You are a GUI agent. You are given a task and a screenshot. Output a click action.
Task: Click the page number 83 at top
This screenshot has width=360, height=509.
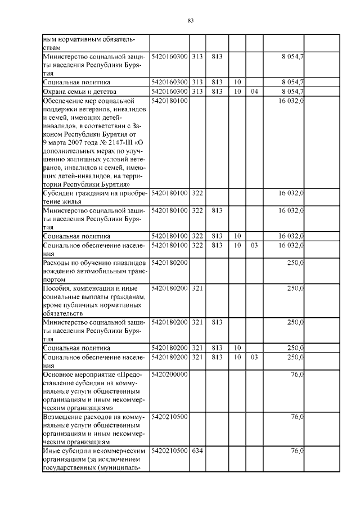pos(190,21)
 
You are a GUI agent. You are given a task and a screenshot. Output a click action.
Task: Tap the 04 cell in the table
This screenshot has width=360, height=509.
pos(254,91)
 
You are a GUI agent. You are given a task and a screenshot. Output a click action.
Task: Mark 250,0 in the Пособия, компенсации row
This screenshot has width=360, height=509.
pos(295,289)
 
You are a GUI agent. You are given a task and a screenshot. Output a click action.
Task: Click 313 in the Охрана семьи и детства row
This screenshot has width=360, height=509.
pos(197,91)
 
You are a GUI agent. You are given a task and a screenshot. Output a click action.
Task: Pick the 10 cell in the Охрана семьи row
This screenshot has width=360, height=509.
pos(237,91)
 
